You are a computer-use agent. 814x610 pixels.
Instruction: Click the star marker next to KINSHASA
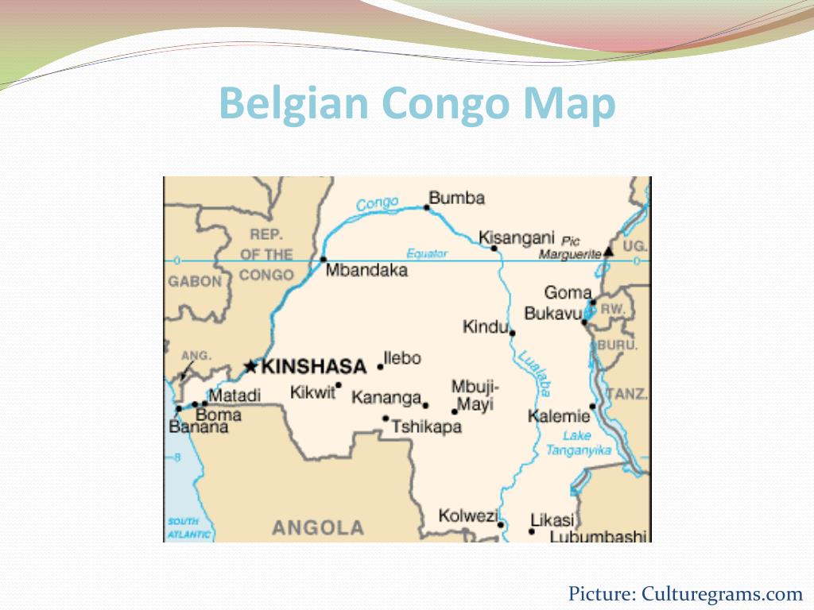(250, 366)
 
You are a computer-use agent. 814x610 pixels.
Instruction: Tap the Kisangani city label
(516, 237)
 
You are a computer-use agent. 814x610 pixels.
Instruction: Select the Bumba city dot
(427, 208)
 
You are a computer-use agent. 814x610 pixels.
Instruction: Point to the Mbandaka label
(367, 270)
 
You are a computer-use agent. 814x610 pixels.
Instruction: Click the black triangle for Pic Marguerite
(608, 251)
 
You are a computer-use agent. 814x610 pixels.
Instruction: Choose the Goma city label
(568, 292)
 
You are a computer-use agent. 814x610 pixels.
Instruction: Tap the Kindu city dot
(512, 333)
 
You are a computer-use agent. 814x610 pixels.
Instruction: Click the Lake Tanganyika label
(578, 443)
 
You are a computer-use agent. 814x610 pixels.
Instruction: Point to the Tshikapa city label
(426, 427)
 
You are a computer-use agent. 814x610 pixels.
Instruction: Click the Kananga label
(386, 397)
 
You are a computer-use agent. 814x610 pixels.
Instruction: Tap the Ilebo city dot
(380, 367)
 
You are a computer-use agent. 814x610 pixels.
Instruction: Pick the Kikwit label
(313, 392)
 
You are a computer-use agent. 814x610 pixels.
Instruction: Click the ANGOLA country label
(318, 527)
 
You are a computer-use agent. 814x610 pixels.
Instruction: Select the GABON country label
(195, 281)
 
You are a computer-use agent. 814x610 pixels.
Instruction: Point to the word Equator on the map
(428, 254)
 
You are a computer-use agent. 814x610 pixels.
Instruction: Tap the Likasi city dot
(532, 531)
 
